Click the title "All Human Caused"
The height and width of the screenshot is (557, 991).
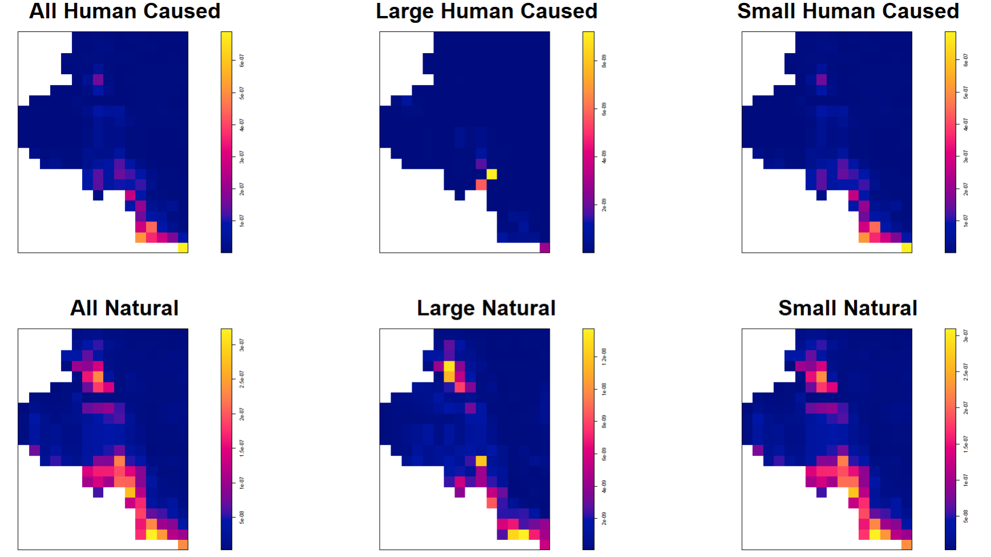(124, 11)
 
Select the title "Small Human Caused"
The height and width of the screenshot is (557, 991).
(848, 11)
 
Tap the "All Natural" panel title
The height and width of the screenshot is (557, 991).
(124, 308)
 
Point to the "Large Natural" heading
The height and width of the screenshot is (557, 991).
(486, 308)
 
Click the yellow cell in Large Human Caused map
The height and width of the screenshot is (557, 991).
(492, 174)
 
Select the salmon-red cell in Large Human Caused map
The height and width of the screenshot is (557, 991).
(481, 184)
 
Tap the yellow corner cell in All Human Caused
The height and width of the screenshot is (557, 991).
(182, 247)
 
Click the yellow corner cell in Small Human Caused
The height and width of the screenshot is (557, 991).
(906, 247)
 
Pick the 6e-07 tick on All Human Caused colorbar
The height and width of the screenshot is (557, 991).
(242, 61)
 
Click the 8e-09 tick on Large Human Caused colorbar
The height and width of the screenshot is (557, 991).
(604, 61)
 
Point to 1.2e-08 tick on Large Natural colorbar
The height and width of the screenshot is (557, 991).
(604, 356)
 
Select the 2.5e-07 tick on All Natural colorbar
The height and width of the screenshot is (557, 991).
(242, 379)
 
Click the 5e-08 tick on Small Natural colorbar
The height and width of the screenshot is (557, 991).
(965, 516)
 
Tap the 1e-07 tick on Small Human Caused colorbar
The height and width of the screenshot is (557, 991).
(965, 221)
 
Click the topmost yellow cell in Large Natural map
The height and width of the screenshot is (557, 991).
(449, 366)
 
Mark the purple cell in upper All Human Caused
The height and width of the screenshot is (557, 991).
(98, 79)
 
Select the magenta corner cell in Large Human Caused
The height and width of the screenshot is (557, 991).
(545, 247)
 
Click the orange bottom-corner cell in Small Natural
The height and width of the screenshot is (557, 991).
(906, 544)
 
